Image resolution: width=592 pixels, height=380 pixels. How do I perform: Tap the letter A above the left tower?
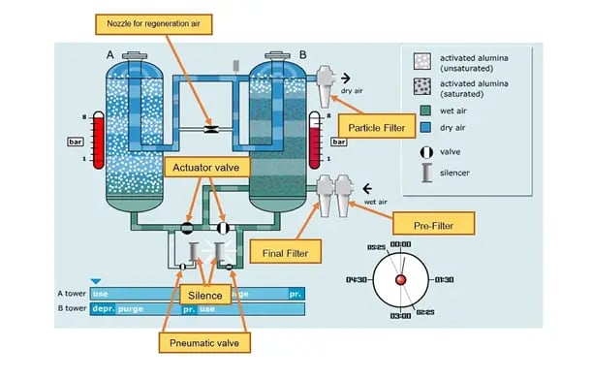[x=109, y=54]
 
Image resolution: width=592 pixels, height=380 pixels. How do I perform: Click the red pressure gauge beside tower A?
[x=96, y=140]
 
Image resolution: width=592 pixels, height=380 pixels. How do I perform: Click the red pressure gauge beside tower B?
[x=315, y=140]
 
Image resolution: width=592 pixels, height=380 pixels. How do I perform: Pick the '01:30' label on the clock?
[x=445, y=279]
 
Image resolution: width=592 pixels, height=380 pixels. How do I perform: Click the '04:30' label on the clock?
[x=358, y=279]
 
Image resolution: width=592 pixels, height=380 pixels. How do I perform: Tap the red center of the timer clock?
[x=401, y=280]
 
